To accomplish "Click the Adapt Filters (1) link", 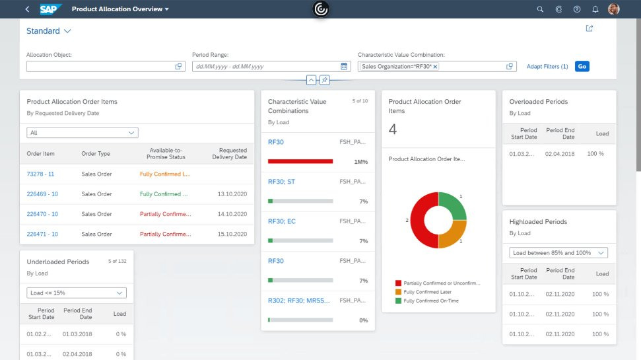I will (x=547, y=67).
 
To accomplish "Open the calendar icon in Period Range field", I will (x=344, y=67).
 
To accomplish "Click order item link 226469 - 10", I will (x=42, y=194).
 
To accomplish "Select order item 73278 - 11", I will (x=40, y=174).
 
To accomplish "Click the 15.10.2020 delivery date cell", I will (x=232, y=234).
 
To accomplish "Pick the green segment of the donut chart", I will (x=453, y=205).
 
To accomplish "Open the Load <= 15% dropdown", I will (x=77, y=293).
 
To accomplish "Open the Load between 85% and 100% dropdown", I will (x=559, y=253).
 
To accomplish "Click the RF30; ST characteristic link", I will (x=281, y=182).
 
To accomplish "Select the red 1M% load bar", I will (x=300, y=161).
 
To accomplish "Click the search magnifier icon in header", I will (x=540, y=9).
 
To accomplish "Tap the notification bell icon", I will (x=595, y=9).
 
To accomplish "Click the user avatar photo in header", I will (x=614, y=9).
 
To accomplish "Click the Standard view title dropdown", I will (x=49, y=31).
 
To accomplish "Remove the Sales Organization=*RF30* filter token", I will (x=435, y=67).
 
